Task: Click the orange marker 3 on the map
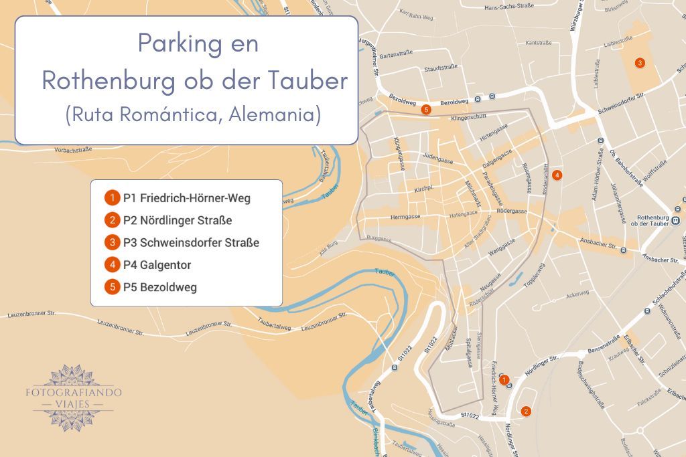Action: [640, 63]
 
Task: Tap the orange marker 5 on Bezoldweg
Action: [426, 110]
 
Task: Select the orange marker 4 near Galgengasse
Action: [557, 175]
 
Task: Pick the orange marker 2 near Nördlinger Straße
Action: [527, 412]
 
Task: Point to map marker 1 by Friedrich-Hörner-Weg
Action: [504, 379]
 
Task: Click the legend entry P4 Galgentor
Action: [157, 265]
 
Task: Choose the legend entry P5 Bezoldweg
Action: [159, 288]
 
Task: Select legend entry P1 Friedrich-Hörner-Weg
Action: [187, 198]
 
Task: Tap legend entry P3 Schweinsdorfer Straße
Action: [191, 242]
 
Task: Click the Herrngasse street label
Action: [405, 217]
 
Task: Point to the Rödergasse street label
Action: [513, 211]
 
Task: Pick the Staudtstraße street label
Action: [440, 69]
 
